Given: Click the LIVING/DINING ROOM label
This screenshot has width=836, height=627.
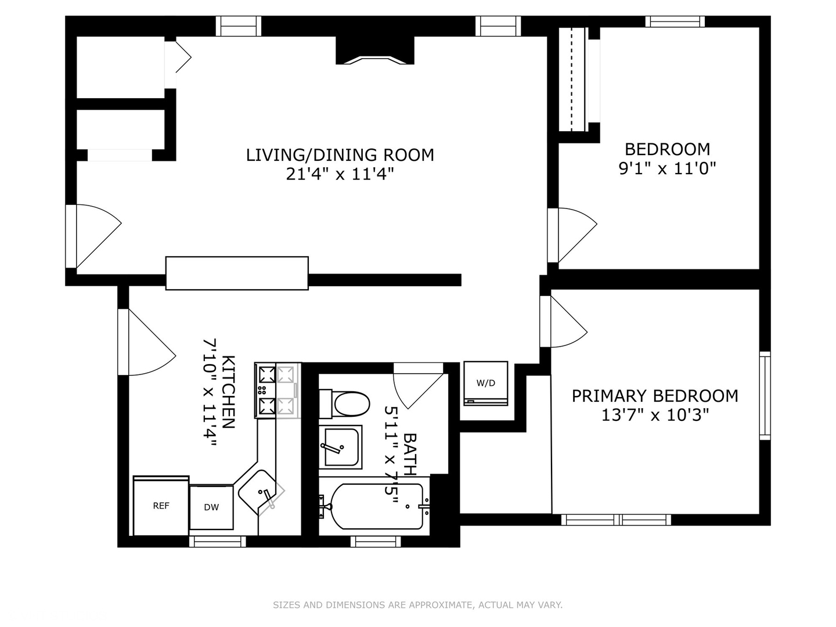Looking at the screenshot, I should pyautogui.click(x=340, y=155).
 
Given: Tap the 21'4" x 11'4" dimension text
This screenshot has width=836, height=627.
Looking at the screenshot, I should pyautogui.click(x=340, y=174).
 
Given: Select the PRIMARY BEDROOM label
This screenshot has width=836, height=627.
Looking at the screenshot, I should pyautogui.click(x=655, y=396).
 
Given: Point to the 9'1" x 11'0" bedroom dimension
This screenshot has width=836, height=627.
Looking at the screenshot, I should pyautogui.click(x=667, y=168).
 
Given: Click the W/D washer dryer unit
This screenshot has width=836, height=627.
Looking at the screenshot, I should pyautogui.click(x=486, y=383).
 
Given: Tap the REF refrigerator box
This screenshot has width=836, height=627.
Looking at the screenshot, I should pyautogui.click(x=161, y=506).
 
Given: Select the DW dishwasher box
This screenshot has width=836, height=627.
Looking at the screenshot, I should pyautogui.click(x=211, y=507).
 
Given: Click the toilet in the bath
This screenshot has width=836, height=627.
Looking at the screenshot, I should pyautogui.click(x=346, y=403).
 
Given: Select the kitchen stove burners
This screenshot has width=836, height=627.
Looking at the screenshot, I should pyautogui.click(x=277, y=391).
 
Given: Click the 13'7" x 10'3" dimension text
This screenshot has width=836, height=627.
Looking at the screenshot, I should pyautogui.click(x=655, y=415).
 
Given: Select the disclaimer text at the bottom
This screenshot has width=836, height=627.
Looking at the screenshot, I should pyautogui.click(x=417, y=605).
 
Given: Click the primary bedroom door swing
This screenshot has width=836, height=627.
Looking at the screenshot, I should pyautogui.click(x=566, y=322).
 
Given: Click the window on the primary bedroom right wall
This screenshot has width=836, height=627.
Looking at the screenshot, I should pyautogui.click(x=765, y=395).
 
